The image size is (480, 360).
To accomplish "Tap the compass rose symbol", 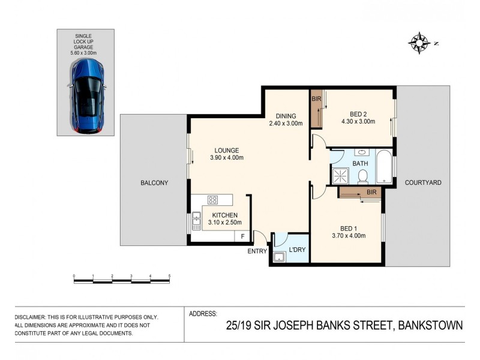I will click(x=419, y=43).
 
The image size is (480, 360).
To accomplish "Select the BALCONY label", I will click(x=154, y=183).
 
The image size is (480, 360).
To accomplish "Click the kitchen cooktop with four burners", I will click(x=212, y=200).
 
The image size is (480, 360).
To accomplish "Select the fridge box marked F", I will click(x=242, y=236).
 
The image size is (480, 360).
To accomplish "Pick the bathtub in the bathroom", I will click(x=384, y=167).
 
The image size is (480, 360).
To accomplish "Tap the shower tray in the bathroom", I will click(x=341, y=175).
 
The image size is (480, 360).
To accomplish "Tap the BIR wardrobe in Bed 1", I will click(x=360, y=192).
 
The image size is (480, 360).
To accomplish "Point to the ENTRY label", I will click(x=257, y=251).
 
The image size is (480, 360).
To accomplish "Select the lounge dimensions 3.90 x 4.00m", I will click(x=226, y=158).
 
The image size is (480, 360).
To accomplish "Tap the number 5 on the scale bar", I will click(x=170, y=276).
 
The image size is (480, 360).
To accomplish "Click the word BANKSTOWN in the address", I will click(x=428, y=326).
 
